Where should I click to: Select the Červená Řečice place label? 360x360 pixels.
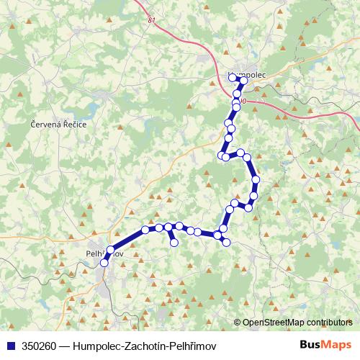click(x=58, y=125)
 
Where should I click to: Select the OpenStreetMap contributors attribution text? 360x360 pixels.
click(x=297, y=322)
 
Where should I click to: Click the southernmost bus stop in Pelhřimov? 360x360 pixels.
click(x=104, y=263)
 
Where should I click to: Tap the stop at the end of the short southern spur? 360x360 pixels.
click(x=174, y=243)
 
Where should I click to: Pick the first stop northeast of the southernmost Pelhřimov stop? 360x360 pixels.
click(x=110, y=251)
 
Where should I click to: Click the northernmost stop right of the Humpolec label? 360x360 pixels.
click(x=243, y=81)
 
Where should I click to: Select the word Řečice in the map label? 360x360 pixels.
click(x=74, y=125)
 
